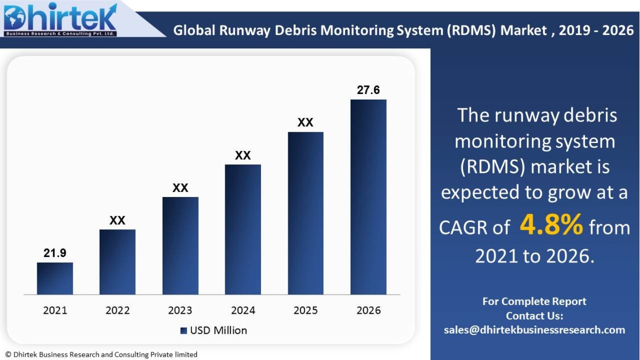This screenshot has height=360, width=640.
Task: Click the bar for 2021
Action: pyautogui.click(x=55, y=278)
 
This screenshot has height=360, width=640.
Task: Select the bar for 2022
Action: pyautogui.click(x=117, y=262)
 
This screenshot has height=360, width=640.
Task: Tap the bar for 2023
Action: pyautogui.click(x=180, y=245)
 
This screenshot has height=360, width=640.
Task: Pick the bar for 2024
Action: pyautogui.click(x=243, y=229)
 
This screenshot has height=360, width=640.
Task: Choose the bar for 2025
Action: pyautogui.click(x=306, y=213)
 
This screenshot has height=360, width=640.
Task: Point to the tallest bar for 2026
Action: pyautogui.click(x=368, y=197)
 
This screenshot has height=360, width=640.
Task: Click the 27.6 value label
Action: pyautogui.click(x=368, y=90)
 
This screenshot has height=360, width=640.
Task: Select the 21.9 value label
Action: pyautogui.click(x=55, y=253)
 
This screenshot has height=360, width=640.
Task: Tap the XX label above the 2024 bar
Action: pyautogui.click(x=243, y=156)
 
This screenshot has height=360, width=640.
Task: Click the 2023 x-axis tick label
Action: pyautogui.click(x=180, y=310)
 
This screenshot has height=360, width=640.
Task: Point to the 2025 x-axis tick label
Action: pyautogui.click(x=306, y=310)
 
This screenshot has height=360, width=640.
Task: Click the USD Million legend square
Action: pyautogui.click(x=184, y=331)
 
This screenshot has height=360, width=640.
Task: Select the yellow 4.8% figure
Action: pyautogui.click(x=551, y=225)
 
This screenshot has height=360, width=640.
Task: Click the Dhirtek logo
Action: pyautogui.click(x=60, y=19)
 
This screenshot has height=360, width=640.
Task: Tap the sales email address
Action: pyautogui.click(x=534, y=330)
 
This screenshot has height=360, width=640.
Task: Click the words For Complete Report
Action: pyautogui.click(x=534, y=302)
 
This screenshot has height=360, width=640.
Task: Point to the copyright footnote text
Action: pyautogui.click(x=101, y=354)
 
